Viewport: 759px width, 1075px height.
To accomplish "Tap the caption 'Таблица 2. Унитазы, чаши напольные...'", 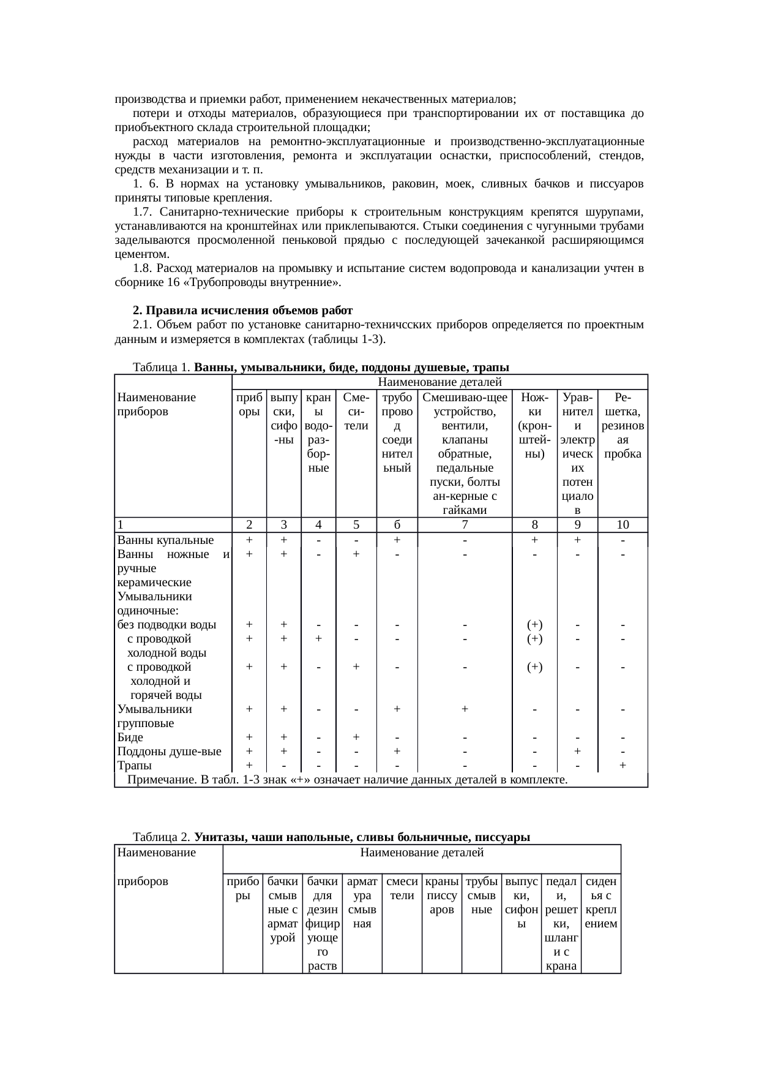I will tap(331, 837).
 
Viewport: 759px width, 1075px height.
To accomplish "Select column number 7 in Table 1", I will tap(465, 525).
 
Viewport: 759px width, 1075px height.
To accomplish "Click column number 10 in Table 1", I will tap(623, 525).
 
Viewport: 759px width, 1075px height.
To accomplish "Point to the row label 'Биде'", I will tap(130, 737).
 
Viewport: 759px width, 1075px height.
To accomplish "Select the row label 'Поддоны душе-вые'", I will tap(169, 752).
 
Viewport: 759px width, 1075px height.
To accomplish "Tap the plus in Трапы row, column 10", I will tap(623, 765).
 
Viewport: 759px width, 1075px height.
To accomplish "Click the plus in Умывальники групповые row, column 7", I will tap(465, 709).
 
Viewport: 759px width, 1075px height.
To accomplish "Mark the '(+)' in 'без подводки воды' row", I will tap(534, 625).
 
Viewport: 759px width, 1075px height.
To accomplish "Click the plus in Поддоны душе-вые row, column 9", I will tap(577, 752).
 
